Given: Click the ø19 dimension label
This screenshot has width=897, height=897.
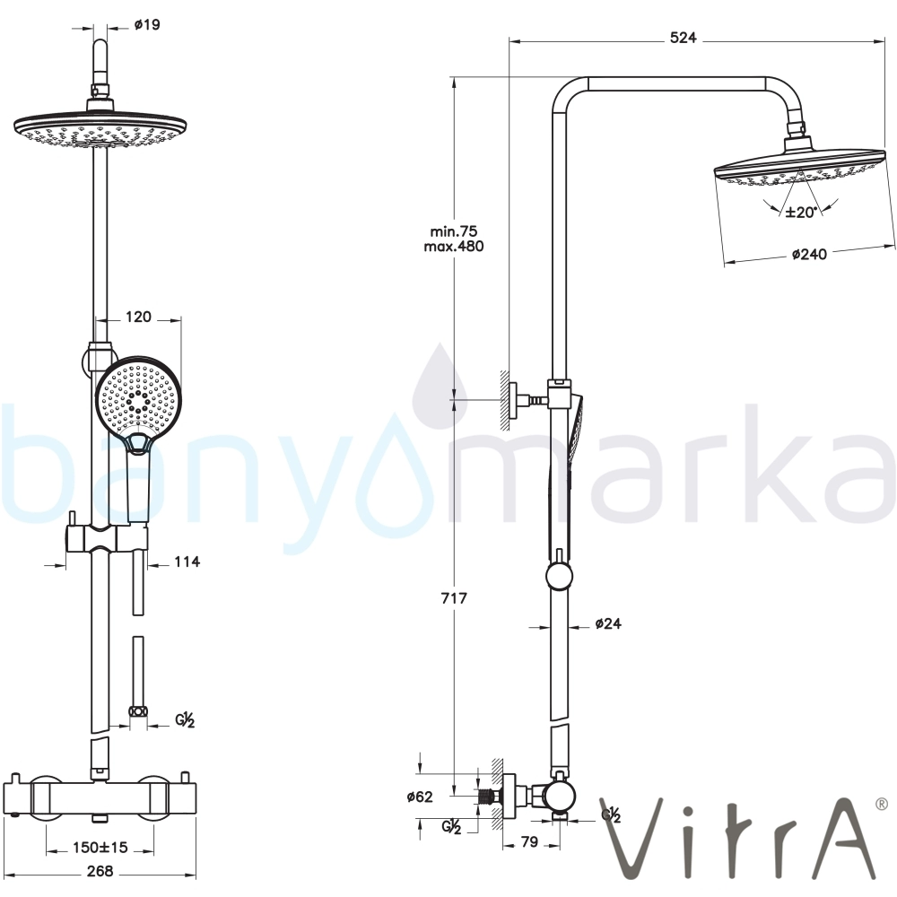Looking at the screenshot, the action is (147, 24).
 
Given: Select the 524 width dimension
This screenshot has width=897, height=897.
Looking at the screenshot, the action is (683, 38).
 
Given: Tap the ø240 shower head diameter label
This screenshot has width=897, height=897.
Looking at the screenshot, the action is (809, 254).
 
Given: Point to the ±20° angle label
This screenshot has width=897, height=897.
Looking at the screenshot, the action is (801, 213).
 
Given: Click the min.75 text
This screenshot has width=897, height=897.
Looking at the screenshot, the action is (454, 231).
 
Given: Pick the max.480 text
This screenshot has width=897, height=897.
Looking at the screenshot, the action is (454, 247).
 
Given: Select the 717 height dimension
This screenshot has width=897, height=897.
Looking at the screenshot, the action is (454, 598).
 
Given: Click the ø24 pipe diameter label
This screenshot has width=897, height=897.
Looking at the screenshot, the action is (608, 623).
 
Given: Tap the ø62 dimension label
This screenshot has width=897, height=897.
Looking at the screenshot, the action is (420, 797).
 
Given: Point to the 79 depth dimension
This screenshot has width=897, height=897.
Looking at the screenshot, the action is (530, 842).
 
